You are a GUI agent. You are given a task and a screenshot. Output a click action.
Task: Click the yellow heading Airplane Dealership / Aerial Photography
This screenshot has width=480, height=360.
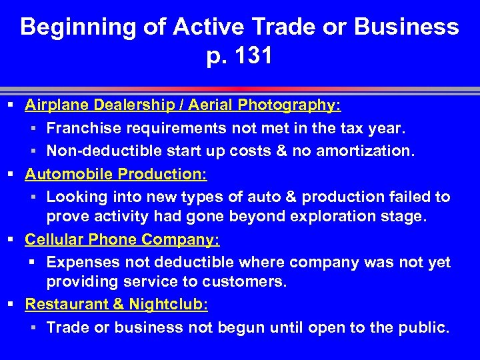click(x=183, y=105)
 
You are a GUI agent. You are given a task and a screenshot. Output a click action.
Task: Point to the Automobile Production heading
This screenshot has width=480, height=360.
click(x=116, y=174)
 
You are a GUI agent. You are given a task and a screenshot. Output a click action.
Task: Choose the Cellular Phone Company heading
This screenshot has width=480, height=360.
click(x=122, y=239)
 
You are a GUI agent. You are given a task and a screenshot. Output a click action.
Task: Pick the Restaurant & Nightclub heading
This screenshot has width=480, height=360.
click(x=117, y=305)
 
